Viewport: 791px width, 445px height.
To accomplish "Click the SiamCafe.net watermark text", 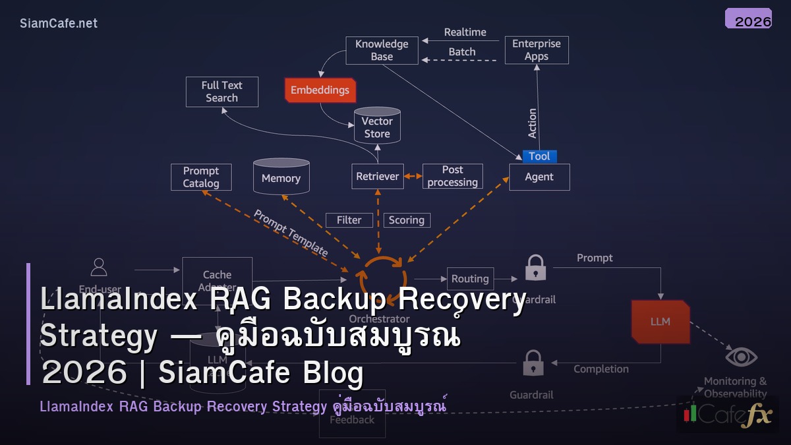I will tap(59, 23).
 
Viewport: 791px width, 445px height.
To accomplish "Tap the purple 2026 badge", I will tap(748, 19).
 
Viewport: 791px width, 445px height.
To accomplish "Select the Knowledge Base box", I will tap(382, 50).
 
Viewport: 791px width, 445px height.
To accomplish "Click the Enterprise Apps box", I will tap(536, 50).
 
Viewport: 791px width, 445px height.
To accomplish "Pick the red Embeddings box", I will tap(320, 90).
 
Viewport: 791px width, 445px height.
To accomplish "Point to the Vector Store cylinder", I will tap(377, 127).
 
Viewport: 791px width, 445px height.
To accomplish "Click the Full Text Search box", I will tap(221, 92).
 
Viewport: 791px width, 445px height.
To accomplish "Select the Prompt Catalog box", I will tap(201, 177).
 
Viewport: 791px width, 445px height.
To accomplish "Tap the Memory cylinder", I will tap(281, 177).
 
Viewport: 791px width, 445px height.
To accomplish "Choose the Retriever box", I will tap(377, 177).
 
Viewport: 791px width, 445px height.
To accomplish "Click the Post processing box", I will tap(452, 177).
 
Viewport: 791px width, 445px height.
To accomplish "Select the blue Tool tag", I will tap(539, 156).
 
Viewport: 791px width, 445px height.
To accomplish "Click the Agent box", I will tap(539, 177).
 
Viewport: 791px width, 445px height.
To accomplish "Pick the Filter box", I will tap(349, 220).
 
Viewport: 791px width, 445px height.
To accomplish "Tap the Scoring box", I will tap(406, 220).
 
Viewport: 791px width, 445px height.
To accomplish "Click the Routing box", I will tap(470, 279).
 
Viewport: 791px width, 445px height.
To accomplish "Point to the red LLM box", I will tap(660, 322).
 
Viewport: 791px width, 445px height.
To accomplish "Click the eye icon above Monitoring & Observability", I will tap(741, 357).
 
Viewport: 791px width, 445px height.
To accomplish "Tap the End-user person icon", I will tap(99, 267).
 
